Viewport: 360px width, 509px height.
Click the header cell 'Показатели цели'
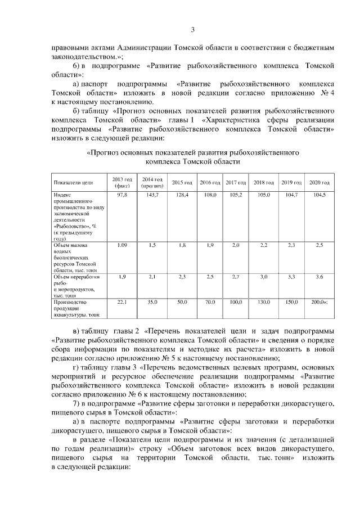tap(73, 183)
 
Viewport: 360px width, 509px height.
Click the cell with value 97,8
tap(122, 194)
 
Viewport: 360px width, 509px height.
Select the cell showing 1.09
tap(122, 246)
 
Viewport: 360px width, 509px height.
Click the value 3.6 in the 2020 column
tap(319, 277)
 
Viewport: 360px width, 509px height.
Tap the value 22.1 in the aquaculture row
tap(122, 302)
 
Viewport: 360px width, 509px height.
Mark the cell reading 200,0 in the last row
tap(318, 302)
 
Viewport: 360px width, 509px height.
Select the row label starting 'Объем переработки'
tap(76, 277)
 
